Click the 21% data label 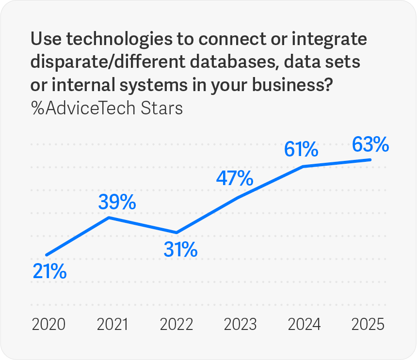49,272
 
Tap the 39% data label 116,203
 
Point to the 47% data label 235,179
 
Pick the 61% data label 301,150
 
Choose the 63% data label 370,144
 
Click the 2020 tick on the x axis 48,324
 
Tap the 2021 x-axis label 112,324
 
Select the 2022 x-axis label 177,324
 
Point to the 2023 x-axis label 241,324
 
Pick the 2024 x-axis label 304,324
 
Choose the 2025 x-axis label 368,324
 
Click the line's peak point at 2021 110,218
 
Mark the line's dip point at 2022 177,233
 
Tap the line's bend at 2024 304,166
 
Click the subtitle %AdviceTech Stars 107,108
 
